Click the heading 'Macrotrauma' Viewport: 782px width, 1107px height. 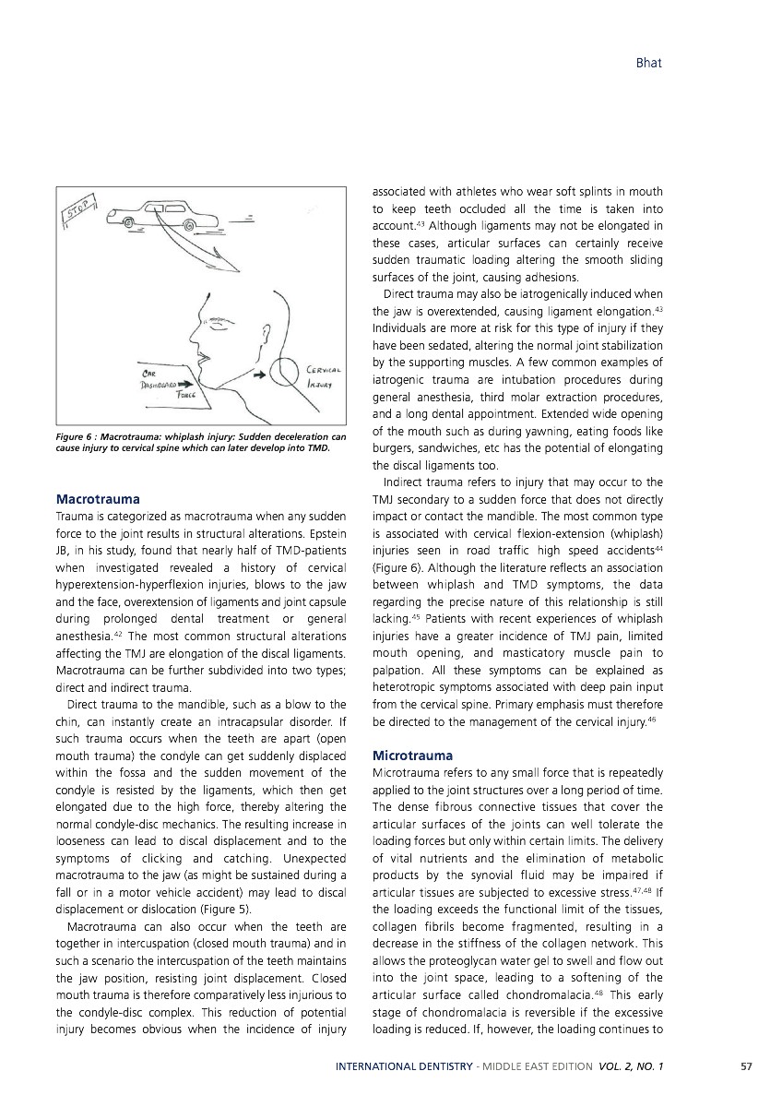tap(99, 499)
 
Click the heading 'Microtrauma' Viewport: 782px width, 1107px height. tap(412, 756)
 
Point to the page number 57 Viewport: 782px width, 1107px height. tap(747, 1066)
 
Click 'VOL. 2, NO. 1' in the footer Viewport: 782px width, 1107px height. tap(630, 1066)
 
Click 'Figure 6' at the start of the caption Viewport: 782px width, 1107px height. tap(77, 436)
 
